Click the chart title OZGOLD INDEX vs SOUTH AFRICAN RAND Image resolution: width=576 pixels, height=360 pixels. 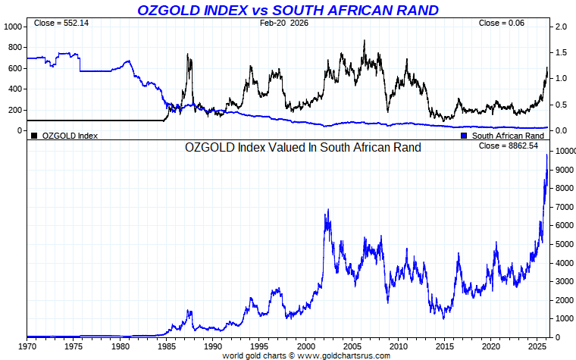point(287,10)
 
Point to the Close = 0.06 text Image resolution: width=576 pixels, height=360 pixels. point(502,23)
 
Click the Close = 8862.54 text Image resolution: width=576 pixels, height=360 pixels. point(509,146)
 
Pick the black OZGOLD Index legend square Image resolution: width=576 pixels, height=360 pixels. point(34,136)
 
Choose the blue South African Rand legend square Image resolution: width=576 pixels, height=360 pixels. point(464,136)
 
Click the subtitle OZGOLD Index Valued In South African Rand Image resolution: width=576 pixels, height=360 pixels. point(303,147)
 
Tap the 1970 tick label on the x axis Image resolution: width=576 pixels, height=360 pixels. point(27,346)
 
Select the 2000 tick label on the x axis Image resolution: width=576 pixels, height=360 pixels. point(305,346)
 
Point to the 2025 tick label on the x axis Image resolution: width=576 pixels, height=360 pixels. point(537,346)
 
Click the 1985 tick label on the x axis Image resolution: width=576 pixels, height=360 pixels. point(166,346)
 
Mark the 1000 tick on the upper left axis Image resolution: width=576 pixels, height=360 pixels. point(13,27)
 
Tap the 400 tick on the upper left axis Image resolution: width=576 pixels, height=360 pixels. point(15,89)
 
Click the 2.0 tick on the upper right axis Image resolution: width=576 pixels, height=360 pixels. point(562,27)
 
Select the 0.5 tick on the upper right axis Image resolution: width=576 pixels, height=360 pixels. point(562,105)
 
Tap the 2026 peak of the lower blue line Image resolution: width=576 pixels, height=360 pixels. point(547,155)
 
